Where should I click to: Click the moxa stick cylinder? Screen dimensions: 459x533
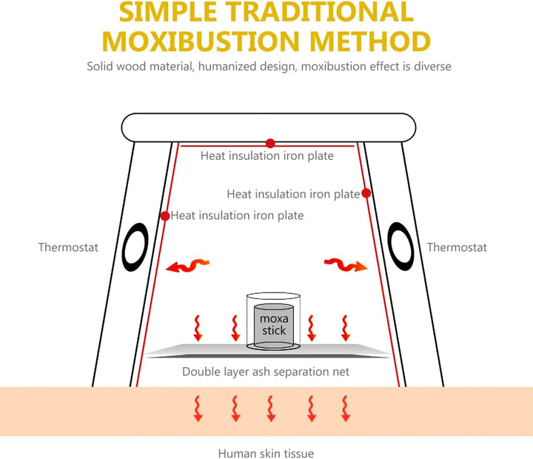(273, 325)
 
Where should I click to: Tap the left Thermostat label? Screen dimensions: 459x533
(68, 247)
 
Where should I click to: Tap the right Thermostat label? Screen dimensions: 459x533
(457, 247)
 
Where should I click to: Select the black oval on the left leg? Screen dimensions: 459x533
(136, 247)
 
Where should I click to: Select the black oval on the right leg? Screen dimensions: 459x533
(400, 247)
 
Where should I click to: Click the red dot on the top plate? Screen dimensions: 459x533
(271, 143)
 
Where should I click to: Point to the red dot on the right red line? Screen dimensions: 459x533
(366, 193)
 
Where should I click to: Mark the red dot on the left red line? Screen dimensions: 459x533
(164, 215)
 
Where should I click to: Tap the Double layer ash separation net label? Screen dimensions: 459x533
(266, 372)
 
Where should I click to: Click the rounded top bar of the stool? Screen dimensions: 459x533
(266, 127)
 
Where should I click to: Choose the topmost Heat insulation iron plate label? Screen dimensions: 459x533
(266, 156)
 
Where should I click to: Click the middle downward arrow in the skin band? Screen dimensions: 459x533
(272, 408)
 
